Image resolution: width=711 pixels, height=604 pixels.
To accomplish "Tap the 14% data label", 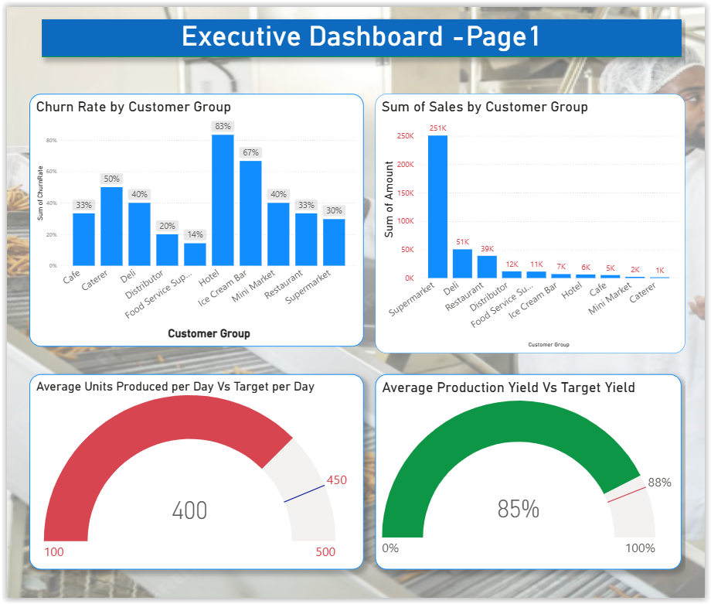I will tap(195, 234).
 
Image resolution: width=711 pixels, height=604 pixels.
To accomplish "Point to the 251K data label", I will tap(437, 128).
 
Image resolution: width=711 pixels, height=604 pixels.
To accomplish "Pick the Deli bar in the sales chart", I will tap(462, 263).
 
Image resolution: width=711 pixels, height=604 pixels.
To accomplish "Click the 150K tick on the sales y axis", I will tap(406, 193).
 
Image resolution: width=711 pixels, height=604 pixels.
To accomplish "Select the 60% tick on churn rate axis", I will tap(52, 172).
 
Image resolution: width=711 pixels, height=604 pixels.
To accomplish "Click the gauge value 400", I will tap(189, 510).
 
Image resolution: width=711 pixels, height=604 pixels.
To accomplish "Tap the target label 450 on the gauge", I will tap(337, 480).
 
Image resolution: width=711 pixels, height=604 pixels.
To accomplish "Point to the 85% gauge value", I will tap(518, 509).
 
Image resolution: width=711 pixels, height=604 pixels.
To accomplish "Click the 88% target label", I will tap(659, 483).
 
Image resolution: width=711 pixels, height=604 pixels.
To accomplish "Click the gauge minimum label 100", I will tap(54, 552).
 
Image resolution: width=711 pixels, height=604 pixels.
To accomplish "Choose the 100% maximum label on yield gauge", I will tap(639, 548).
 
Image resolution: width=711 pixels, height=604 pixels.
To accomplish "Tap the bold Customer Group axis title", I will tap(209, 333).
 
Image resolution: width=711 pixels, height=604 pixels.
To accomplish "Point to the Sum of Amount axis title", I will tap(390, 199).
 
